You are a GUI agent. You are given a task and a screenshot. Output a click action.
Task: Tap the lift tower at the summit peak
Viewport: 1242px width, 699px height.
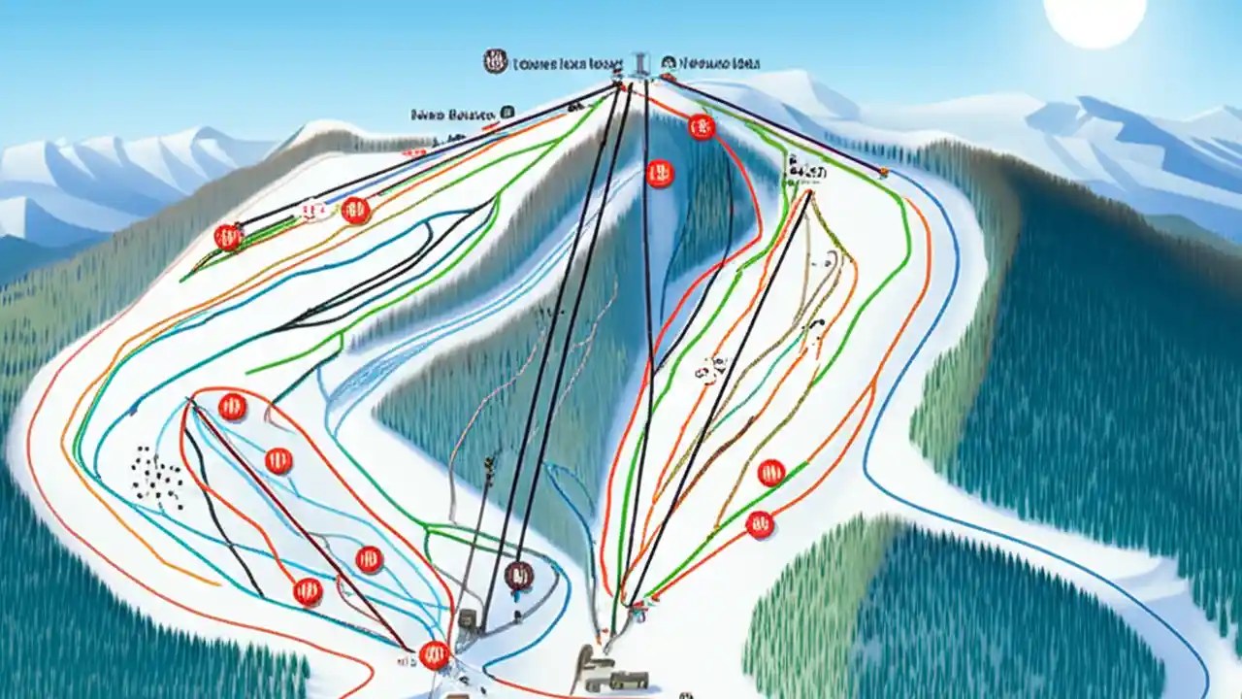(639, 64)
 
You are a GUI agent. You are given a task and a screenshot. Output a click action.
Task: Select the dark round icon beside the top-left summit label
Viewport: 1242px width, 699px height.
(495, 63)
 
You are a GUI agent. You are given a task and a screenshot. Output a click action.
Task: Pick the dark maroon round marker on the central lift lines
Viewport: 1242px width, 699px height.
(519, 575)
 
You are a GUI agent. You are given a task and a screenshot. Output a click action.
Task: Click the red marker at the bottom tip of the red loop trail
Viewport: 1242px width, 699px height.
(435, 655)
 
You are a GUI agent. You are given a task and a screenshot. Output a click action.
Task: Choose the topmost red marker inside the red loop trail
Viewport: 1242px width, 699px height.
(232, 407)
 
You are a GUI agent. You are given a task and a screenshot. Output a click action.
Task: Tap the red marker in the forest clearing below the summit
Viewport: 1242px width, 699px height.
(660, 174)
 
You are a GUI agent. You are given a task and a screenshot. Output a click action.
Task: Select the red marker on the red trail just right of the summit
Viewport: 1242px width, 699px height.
(701, 126)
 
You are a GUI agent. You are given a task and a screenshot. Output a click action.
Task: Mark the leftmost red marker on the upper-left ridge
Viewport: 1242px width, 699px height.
(228, 237)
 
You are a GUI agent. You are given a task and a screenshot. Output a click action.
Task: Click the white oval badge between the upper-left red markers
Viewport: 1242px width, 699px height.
(313, 210)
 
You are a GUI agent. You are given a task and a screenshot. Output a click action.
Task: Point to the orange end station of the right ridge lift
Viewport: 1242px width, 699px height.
(883, 173)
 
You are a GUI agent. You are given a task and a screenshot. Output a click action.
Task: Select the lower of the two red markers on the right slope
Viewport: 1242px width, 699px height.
(760, 524)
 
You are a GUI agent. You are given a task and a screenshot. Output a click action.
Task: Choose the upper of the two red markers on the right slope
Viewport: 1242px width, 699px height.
(770, 473)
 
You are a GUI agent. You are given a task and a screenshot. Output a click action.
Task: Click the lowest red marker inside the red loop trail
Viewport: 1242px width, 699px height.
(308, 591)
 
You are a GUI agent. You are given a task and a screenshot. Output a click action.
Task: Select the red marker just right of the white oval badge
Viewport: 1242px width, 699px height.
(355, 210)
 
